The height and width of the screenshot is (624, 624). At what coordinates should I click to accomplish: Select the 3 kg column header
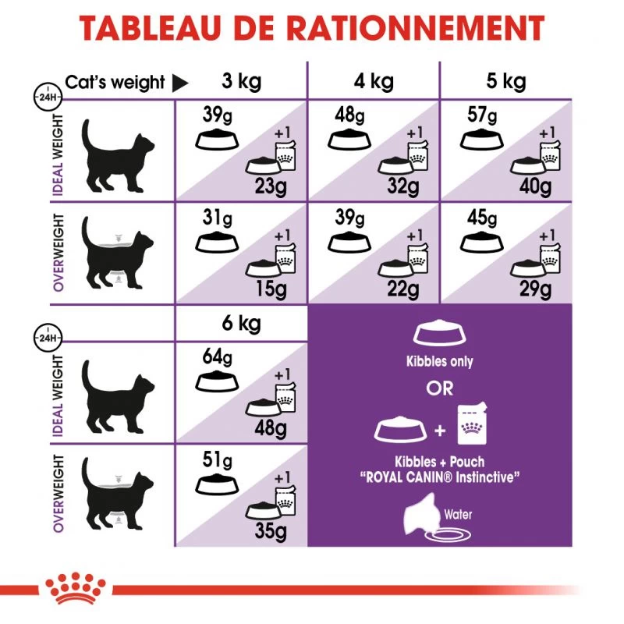(x=242, y=81)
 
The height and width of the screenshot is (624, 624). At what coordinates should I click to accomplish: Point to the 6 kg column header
(x=242, y=324)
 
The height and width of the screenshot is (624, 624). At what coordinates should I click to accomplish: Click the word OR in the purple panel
(x=440, y=388)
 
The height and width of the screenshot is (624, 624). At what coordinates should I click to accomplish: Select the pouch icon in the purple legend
(x=471, y=428)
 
